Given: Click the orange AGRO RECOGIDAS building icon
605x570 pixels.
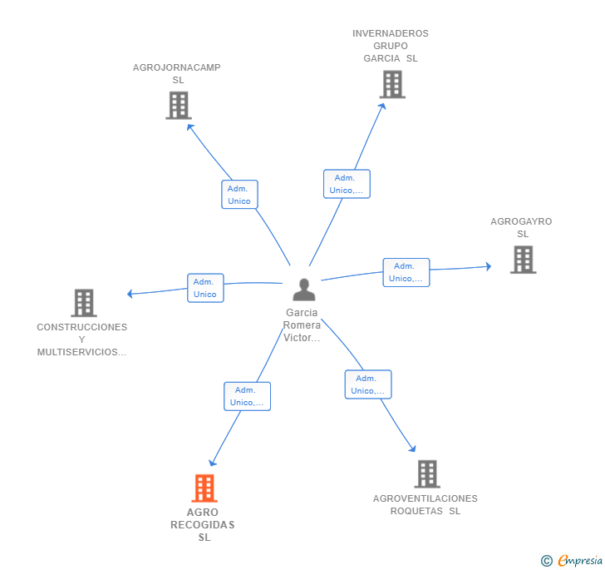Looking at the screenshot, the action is tap(204, 488).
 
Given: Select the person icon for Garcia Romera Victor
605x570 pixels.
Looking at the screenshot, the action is tap(304, 290).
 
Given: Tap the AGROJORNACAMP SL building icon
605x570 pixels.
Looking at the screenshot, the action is tap(179, 106).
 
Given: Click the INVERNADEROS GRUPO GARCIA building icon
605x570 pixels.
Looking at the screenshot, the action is tap(392, 84).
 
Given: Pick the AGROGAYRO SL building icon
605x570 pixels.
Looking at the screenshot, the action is tap(524, 260).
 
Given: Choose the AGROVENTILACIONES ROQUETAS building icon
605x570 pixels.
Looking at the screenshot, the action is tap(427, 473).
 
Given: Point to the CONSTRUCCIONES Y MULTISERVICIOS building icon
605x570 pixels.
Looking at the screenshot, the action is tap(84, 303).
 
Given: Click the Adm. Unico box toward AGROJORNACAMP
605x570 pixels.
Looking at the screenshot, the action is tap(239, 195).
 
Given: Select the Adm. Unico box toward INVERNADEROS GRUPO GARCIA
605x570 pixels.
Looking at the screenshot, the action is tap(347, 184).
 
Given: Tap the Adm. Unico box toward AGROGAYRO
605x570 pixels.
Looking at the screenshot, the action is tap(406, 272).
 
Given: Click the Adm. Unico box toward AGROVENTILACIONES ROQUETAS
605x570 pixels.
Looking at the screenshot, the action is tap(368, 384).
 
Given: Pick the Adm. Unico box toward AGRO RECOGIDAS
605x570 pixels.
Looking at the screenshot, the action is tap(248, 396).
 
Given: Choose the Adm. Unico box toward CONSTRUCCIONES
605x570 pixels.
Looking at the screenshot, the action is tap(205, 288).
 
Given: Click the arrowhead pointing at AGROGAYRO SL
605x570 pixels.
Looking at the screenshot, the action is tap(489, 266).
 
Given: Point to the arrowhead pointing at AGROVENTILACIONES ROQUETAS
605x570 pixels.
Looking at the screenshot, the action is tap(413, 449).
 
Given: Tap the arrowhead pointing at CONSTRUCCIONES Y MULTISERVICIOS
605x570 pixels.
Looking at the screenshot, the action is tap(130, 294).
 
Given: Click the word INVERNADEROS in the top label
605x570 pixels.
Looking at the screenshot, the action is tap(390, 33).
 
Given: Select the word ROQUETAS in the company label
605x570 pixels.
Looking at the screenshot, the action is tap(416, 511).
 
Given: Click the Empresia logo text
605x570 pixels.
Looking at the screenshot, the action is tap(580, 560).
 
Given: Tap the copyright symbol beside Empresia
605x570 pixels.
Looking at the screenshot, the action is tap(547, 560).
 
